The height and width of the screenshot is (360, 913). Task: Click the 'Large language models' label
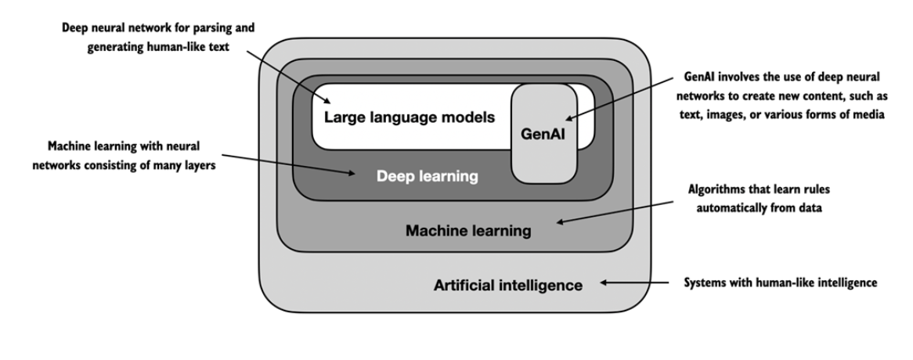coord(409,119)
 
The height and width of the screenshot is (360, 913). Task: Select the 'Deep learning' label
coord(427,177)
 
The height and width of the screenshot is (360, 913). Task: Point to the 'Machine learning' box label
coord(468,231)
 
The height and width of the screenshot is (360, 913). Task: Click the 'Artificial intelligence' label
coord(508,285)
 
